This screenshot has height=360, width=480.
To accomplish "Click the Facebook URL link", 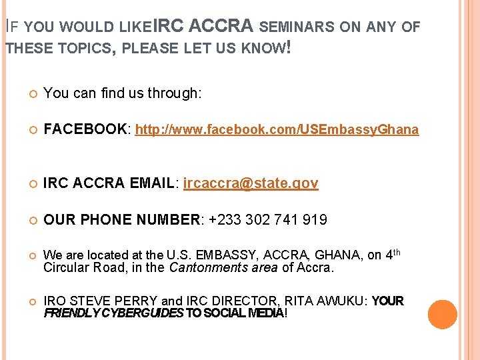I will tap(277, 130).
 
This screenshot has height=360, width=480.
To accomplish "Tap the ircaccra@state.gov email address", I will tap(251, 183).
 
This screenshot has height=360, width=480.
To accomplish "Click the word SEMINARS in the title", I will tap(297, 27).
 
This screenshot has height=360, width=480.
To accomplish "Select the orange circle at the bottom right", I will tap(442, 315).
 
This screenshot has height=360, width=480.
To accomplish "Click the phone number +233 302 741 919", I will tap(268, 219).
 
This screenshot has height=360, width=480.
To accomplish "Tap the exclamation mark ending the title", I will tap(287, 48).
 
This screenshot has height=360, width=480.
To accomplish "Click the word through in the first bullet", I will tap(173, 93).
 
